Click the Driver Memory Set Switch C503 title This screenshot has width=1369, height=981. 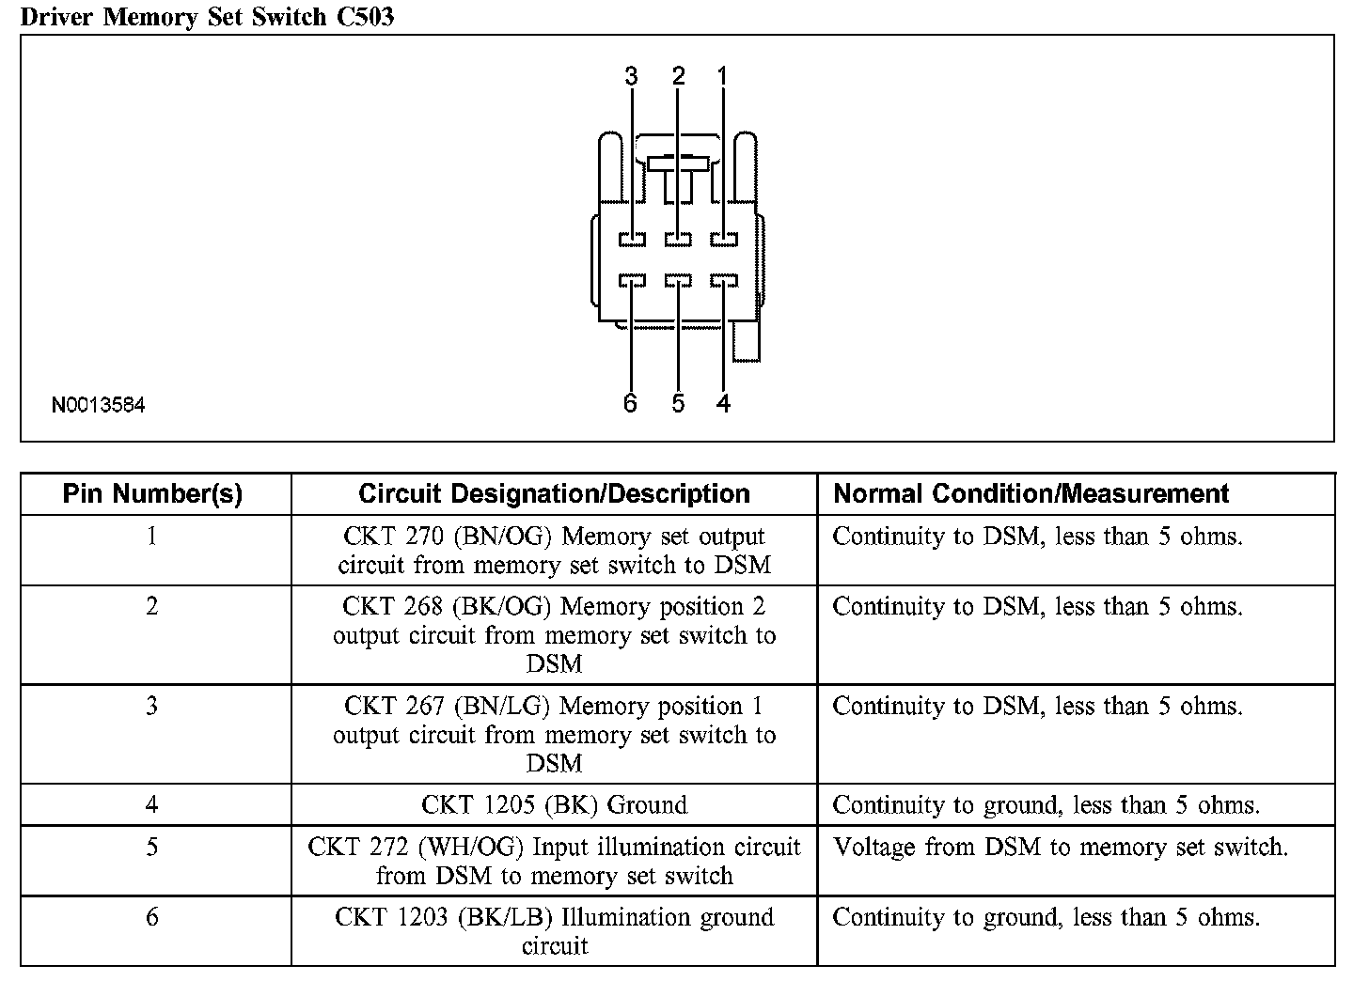coord(207,16)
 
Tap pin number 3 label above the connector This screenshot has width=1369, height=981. coord(631,77)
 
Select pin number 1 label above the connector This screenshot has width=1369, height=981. coord(722,77)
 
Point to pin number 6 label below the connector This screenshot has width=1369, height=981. coord(630,403)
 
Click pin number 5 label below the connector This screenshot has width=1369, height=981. coord(678,403)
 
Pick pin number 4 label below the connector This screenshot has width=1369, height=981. coord(722,403)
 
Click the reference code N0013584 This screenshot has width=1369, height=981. coord(99,406)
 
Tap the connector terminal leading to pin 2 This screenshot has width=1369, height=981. coord(678,240)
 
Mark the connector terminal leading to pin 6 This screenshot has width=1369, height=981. coord(632,281)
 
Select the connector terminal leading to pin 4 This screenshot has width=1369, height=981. coord(724,281)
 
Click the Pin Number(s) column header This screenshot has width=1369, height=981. coord(152,494)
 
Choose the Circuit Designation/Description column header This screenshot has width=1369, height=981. coord(554,494)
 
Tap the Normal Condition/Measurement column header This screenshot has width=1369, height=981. coord(1031,494)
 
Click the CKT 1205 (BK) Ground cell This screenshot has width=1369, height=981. coord(554,805)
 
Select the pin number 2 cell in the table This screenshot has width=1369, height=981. coord(152,607)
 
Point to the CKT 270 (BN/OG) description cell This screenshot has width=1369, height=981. coord(554,551)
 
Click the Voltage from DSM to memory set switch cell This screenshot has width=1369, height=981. coord(1061,848)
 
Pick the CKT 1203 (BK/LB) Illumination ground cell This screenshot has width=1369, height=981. coord(554,931)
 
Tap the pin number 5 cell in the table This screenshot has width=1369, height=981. coord(152,848)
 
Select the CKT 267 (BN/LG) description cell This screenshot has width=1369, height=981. coord(554,734)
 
